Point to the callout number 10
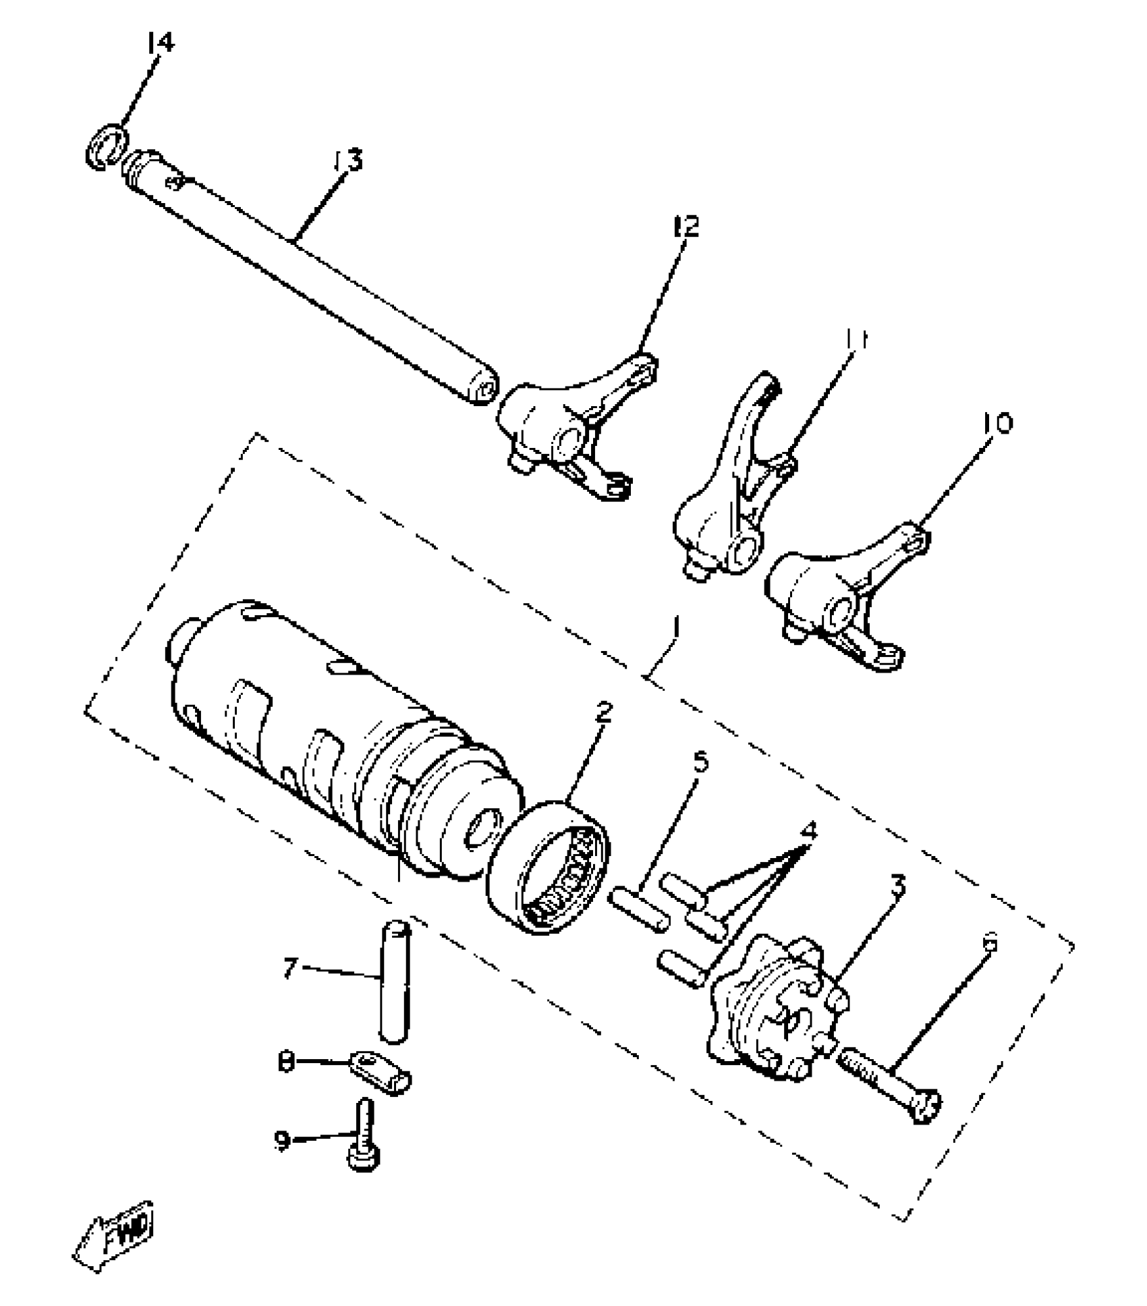point(997,424)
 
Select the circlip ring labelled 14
point(107,146)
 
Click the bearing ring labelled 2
point(550,865)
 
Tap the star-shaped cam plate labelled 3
point(776,1009)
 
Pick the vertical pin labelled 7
point(394,983)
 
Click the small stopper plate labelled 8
point(381,1071)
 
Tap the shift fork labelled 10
point(837,600)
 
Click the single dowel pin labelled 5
point(640,911)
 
